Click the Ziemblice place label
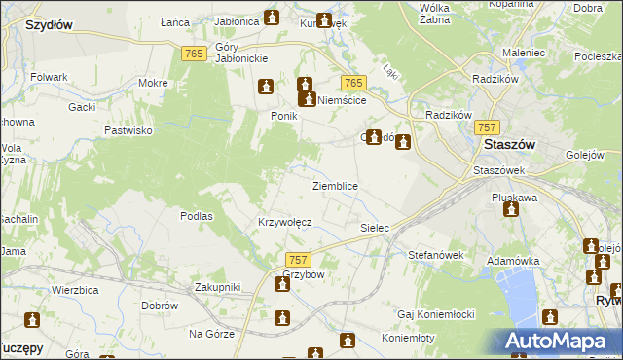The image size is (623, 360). click(335, 186)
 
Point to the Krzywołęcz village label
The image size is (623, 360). click(284, 222)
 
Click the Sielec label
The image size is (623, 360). click(375, 228)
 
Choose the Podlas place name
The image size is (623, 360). click(197, 216)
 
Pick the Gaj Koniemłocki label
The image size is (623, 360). click(435, 314)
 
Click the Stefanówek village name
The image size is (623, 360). click(433, 255)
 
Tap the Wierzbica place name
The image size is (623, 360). click(78, 290)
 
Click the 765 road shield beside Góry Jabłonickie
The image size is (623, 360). click(193, 54)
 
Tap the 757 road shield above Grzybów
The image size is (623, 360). click(299, 260)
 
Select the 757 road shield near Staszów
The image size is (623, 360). click(488, 127)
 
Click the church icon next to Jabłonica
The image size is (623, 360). click(272, 18)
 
